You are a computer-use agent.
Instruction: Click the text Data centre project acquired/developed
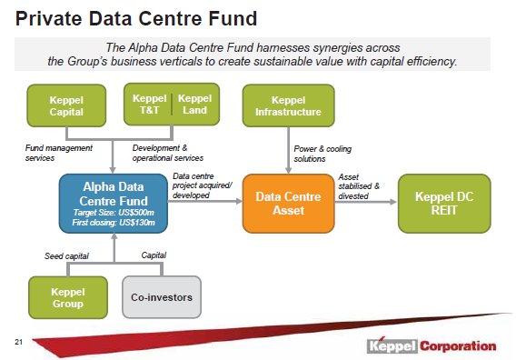(203, 186)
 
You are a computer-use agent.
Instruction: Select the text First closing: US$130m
(113, 221)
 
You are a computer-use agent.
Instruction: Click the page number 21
(17, 343)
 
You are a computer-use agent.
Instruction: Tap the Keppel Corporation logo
(431, 345)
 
